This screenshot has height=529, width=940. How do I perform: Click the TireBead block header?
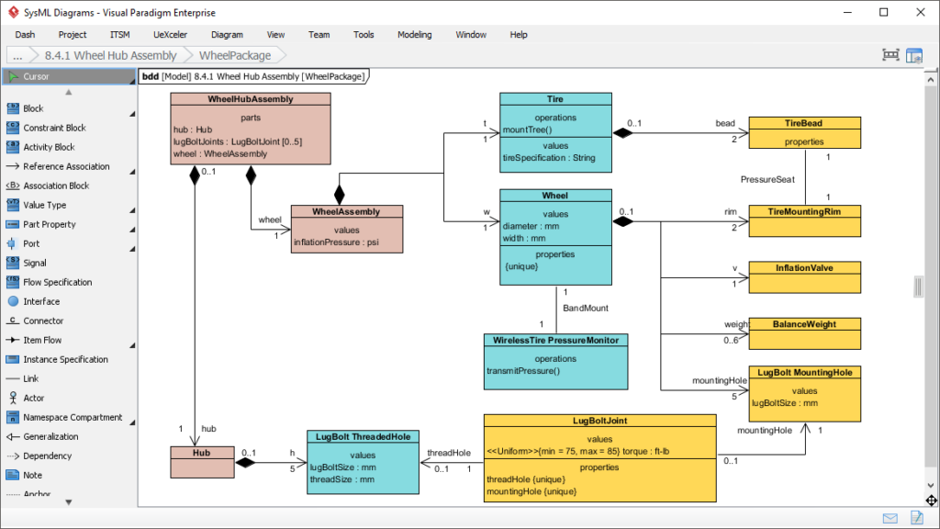click(804, 123)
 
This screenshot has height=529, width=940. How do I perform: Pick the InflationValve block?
click(804, 268)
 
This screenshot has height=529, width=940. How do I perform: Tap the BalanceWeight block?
click(804, 324)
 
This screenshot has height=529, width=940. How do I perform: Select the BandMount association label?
click(586, 309)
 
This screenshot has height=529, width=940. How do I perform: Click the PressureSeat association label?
click(767, 179)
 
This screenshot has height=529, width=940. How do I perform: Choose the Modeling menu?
click(414, 35)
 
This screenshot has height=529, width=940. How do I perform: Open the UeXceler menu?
click(170, 35)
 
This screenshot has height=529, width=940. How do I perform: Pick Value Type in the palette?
click(45, 205)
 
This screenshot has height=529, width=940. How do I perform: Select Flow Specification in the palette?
click(58, 282)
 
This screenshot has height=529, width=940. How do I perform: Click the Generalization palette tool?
click(50, 436)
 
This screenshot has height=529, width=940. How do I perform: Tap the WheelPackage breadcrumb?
click(234, 55)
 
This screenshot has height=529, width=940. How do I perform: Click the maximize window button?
click(883, 12)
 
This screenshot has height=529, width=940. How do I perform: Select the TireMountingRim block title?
click(804, 211)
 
